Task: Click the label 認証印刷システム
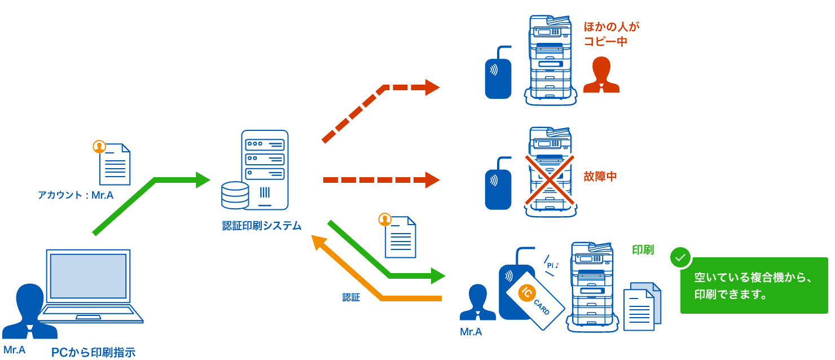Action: [x=262, y=226]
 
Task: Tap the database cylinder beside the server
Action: [x=235, y=195]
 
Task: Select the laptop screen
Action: [x=88, y=276]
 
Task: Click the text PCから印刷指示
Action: [x=93, y=353]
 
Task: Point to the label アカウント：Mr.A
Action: [x=76, y=195]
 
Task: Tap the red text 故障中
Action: [x=600, y=176]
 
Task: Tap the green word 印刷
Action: [x=643, y=250]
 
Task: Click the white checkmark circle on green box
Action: [x=680, y=258]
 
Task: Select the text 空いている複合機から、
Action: [x=753, y=277]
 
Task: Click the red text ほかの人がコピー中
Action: [x=605, y=34]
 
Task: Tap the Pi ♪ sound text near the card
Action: [x=553, y=265]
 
